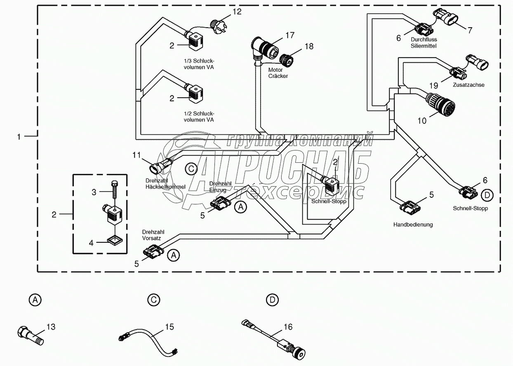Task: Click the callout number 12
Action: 237,12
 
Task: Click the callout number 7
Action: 470,30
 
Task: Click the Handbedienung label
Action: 413,225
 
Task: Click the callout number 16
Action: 288,327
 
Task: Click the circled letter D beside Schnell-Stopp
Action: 487,195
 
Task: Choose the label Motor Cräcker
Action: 278,73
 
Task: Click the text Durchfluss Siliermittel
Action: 423,43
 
